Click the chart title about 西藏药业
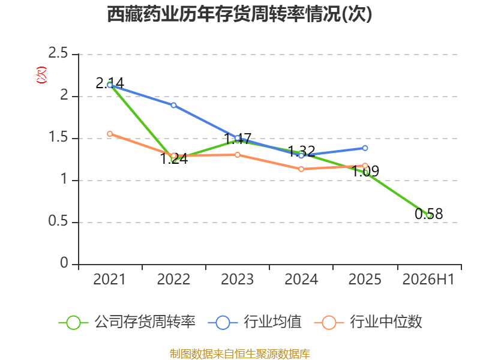click(239, 14)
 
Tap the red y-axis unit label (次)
click(41, 75)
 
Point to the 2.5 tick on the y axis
click(58, 53)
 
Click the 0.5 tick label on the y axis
click(58, 221)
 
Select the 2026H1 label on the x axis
click(428, 279)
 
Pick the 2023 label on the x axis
click(237, 279)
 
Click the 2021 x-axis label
click(109, 279)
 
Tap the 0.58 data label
click(428, 214)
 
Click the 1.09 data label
click(365, 171)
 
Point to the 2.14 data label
click(110, 83)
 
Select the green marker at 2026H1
click(429, 215)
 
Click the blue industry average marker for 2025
click(365, 148)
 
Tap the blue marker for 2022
click(173, 106)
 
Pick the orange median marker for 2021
click(110, 134)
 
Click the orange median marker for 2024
click(301, 169)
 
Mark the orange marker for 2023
click(237, 155)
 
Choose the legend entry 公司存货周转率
click(127, 322)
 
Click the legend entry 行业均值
click(254, 322)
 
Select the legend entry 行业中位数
click(368, 322)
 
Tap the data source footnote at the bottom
click(239, 354)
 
